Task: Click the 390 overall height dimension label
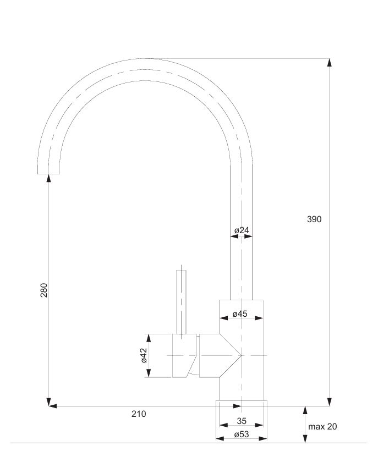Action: (x=314, y=219)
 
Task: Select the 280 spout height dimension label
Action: (x=44, y=290)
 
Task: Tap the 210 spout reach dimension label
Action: (x=139, y=414)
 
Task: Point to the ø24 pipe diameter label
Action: (x=242, y=230)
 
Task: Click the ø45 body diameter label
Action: (x=240, y=314)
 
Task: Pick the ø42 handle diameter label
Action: (x=144, y=355)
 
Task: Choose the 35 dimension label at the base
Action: (x=242, y=421)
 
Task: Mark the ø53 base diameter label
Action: (x=242, y=434)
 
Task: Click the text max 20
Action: (x=322, y=426)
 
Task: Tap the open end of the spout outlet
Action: (x=49, y=174)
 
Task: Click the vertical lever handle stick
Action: (x=181, y=302)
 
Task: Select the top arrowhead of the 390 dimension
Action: (x=329, y=63)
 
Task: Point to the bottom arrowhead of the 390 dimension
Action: (x=329, y=401)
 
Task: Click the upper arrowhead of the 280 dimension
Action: (x=49, y=178)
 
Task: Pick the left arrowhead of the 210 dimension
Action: (x=53, y=406)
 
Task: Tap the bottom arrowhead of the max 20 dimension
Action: (x=305, y=439)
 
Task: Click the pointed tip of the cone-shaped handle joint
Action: (x=241, y=355)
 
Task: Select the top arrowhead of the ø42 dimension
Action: (x=149, y=338)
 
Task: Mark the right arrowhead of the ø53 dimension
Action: (x=263, y=438)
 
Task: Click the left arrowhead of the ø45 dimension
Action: (x=224, y=318)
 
